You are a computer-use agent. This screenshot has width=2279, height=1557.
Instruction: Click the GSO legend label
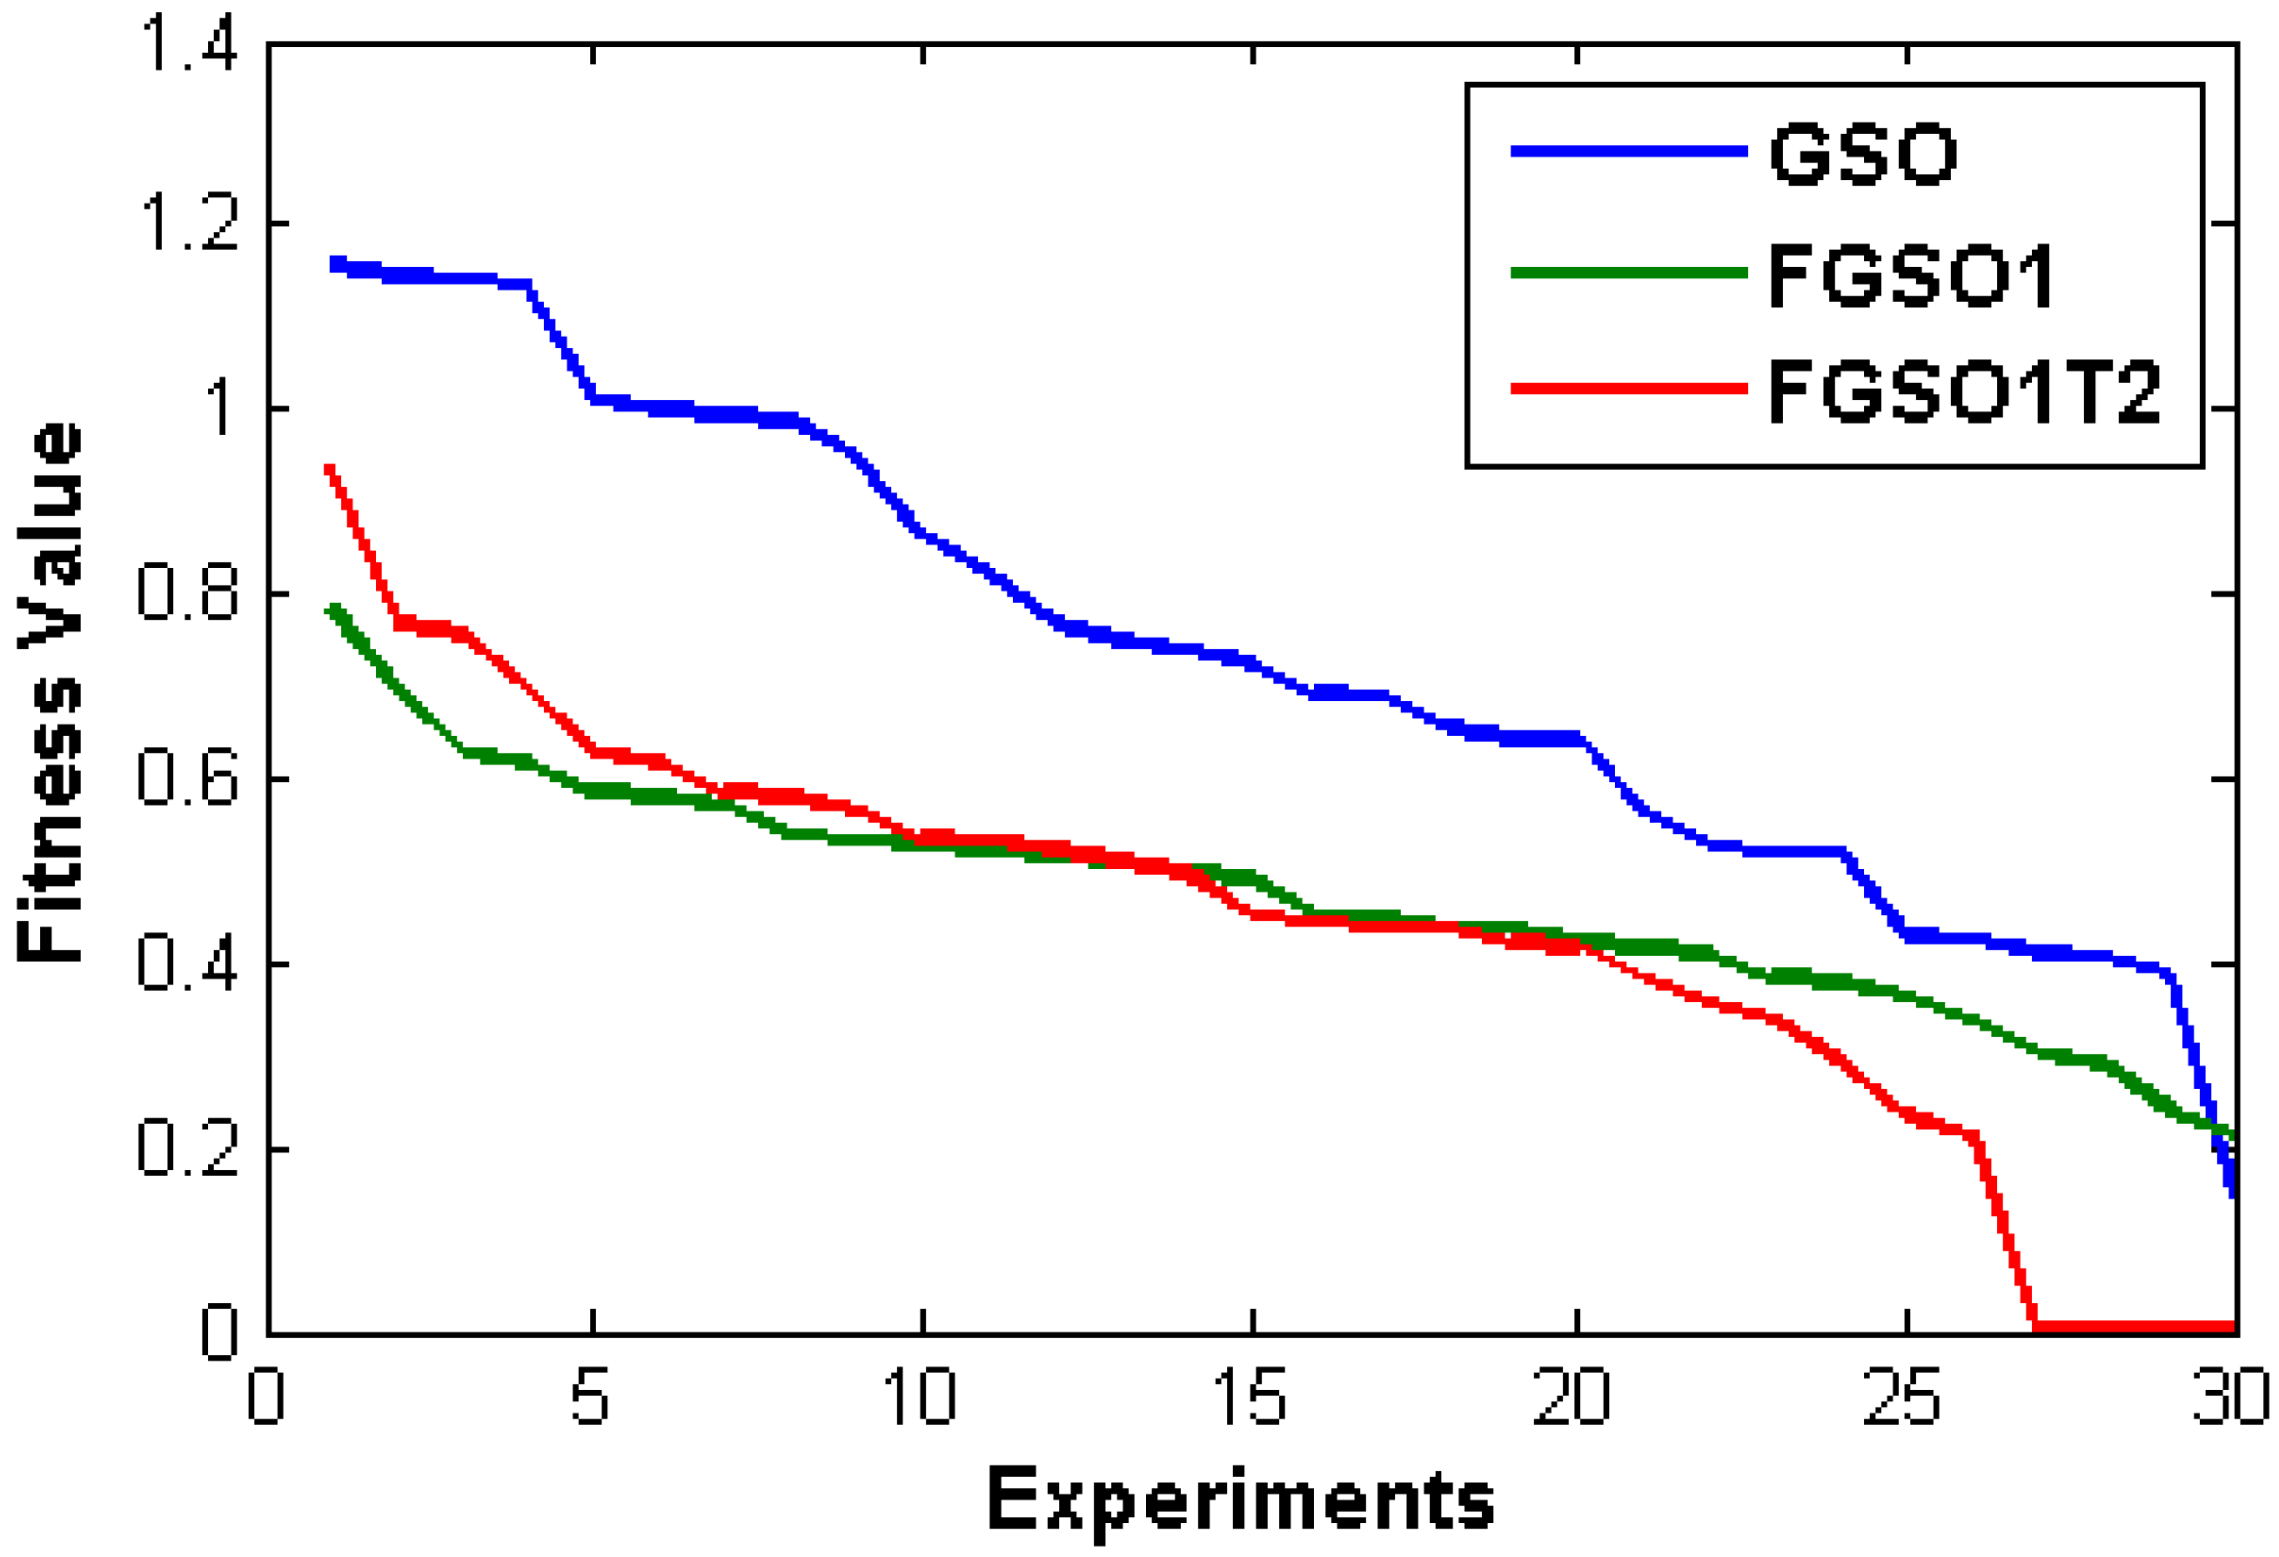1862,154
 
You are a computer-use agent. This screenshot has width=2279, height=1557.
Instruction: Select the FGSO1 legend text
1911,276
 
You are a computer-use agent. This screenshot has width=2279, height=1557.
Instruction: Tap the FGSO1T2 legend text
1964,392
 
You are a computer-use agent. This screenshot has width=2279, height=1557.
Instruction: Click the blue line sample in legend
1629,151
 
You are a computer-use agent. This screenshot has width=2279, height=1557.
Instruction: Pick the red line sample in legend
1629,388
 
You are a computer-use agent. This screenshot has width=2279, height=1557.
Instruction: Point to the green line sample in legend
1629,272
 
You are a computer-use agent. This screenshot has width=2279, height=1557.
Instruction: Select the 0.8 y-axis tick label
188,594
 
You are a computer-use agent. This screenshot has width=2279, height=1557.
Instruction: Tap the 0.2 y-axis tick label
188,1148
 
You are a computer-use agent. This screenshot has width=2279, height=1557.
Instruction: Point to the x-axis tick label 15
1250,1396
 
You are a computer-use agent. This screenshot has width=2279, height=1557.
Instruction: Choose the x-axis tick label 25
1902,1396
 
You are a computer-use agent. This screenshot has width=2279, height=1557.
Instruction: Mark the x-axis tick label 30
2230,1396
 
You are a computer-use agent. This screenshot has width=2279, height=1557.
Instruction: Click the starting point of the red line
330,470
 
